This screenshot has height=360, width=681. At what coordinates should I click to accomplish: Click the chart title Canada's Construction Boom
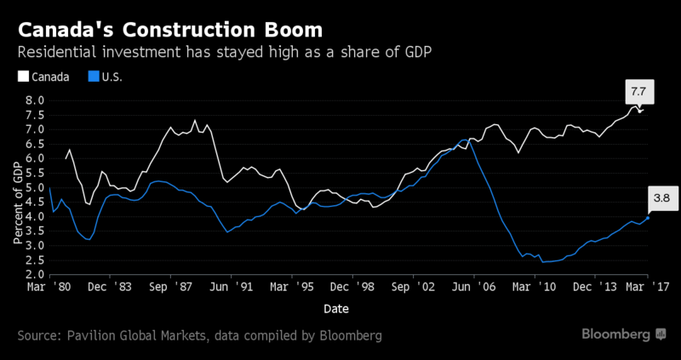[170, 29]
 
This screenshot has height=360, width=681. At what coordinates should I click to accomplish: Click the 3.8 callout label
[661, 198]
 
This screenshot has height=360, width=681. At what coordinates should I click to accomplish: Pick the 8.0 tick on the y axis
[33, 100]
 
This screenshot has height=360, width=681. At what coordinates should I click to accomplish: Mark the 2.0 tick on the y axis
[33, 276]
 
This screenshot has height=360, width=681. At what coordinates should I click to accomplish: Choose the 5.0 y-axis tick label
[33, 188]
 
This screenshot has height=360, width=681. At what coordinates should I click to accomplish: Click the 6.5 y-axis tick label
[33, 144]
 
